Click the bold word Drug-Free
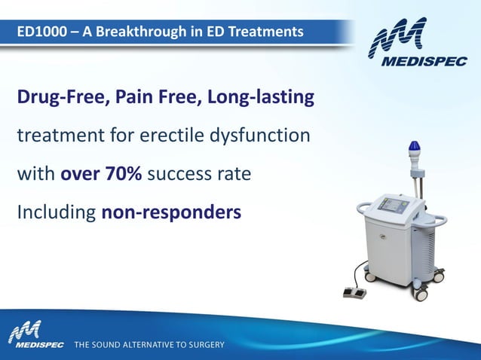[x=59, y=98]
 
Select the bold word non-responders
[x=171, y=212]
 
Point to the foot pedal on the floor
[x=354, y=291]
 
